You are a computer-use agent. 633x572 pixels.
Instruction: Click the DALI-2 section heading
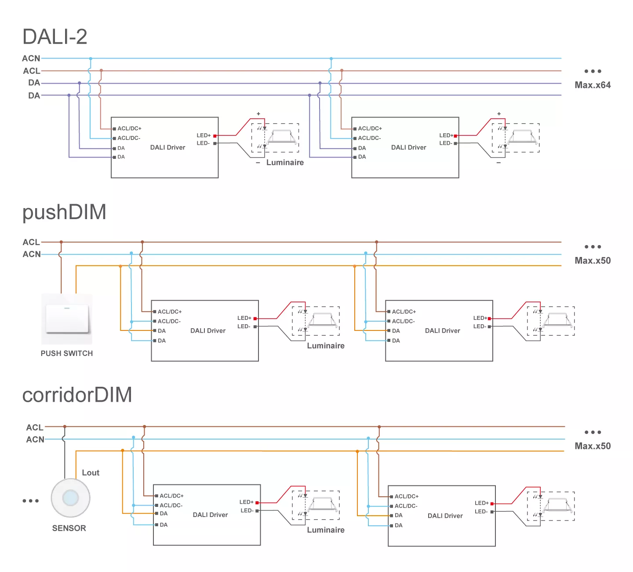pyautogui.click(x=55, y=37)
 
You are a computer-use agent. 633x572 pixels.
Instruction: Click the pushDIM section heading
pyautogui.click(x=64, y=212)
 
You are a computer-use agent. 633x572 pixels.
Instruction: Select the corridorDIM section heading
pyautogui.click(x=77, y=395)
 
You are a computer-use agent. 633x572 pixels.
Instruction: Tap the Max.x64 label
pyautogui.click(x=593, y=85)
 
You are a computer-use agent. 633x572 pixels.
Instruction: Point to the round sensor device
pyautogui.click(x=70, y=498)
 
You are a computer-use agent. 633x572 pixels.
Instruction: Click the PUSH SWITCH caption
pyautogui.click(x=67, y=353)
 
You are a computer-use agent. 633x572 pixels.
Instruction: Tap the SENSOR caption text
pyautogui.click(x=69, y=528)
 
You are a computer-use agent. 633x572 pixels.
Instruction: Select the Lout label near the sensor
pyautogui.click(x=91, y=473)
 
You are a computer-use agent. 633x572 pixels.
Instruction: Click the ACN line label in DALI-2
pyautogui.click(x=31, y=58)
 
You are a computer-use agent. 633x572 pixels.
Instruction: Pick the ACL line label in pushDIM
pyautogui.click(x=31, y=242)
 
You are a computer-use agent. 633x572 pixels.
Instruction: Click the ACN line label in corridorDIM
pyautogui.click(x=35, y=439)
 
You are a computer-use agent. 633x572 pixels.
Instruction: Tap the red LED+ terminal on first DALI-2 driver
pyautogui.click(x=215, y=136)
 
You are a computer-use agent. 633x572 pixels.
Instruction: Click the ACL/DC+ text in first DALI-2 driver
pyautogui.click(x=129, y=128)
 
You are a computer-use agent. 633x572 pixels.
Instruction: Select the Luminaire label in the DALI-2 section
pyautogui.click(x=285, y=162)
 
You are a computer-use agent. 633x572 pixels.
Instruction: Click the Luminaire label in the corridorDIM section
pyautogui.click(x=326, y=530)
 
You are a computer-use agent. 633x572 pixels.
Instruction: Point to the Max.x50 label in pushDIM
pyautogui.click(x=593, y=260)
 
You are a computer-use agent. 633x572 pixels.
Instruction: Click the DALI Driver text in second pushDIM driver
pyautogui.click(x=442, y=330)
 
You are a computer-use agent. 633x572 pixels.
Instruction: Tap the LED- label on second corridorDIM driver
pyautogui.click(x=481, y=511)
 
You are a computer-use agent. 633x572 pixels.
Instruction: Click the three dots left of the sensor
pyautogui.click(x=31, y=501)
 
